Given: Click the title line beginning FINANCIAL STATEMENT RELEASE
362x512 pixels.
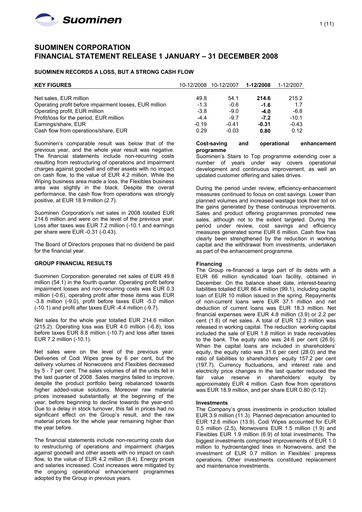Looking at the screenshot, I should [x=145, y=57].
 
